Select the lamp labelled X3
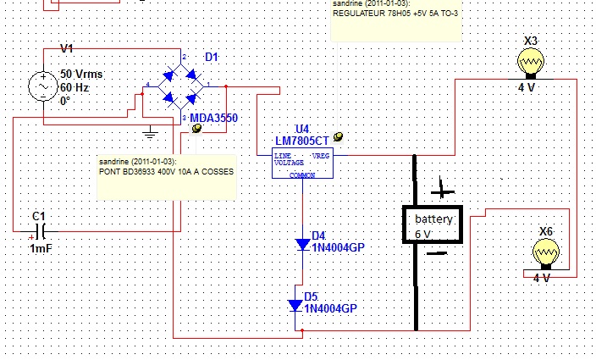click(x=531, y=62)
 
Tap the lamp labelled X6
click(x=546, y=252)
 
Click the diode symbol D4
click(x=303, y=245)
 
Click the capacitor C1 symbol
click(x=39, y=230)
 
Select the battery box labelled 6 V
click(x=433, y=224)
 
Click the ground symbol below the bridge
click(x=150, y=130)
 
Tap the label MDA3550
click(x=213, y=119)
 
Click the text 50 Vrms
click(x=80, y=75)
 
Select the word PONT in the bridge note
click(x=111, y=171)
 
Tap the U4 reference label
click(x=280, y=128)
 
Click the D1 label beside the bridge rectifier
click(x=212, y=57)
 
